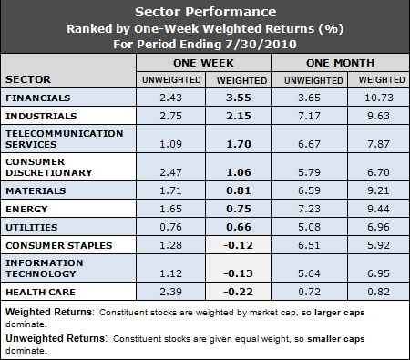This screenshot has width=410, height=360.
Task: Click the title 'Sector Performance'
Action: click(205, 13)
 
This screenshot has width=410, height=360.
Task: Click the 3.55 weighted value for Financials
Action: click(238, 96)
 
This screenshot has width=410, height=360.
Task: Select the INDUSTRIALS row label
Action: click(40, 117)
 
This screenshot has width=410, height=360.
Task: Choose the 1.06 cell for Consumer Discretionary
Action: click(238, 170)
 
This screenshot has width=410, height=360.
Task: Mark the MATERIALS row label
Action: click(36, 190)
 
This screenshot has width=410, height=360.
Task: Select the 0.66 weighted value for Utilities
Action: click(238, 226)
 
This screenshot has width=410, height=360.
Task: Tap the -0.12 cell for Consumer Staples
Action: click(237, 245)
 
